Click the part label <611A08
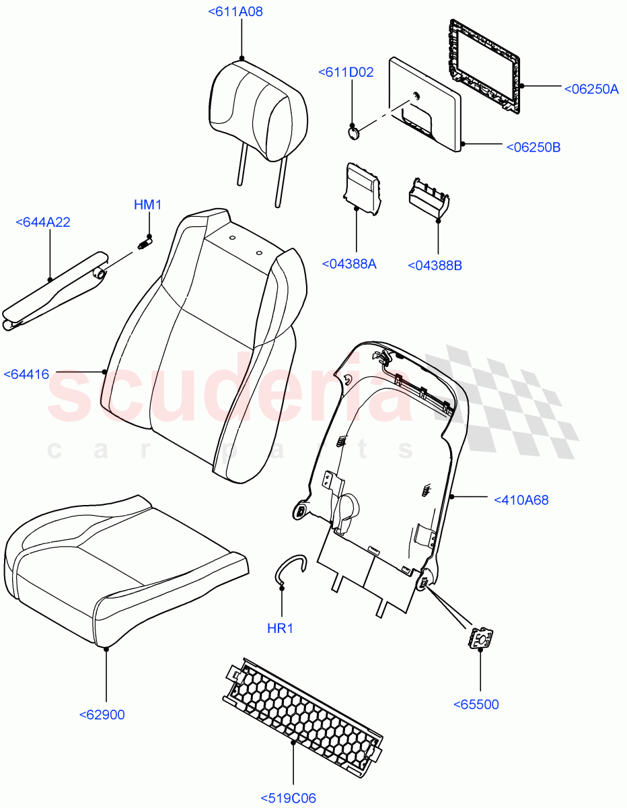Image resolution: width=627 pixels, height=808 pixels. (x=235, y=11)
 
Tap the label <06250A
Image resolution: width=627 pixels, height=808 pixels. (x=591, y=88)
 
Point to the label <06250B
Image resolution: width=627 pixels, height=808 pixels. (x=533, y=146)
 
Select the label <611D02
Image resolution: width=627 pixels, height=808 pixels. (x=346, y=72)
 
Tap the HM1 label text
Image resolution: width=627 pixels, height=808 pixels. (x=147, y=205)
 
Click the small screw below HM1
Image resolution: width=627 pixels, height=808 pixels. (x=144, y=242)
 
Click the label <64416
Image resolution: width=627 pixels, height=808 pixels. (x=26, y=374)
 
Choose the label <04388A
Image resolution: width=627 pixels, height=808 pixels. (x=349, y=264)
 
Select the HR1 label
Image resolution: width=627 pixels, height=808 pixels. (x=280, y=628)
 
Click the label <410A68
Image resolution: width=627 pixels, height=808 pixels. (x=521, y=500)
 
